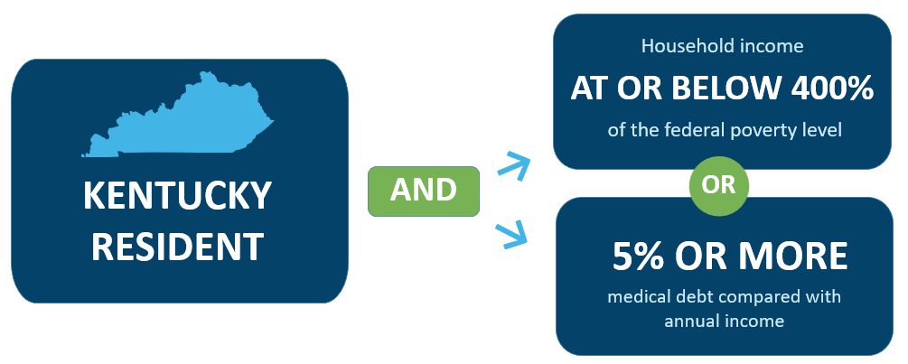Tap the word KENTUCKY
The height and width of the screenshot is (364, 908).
(177, 196)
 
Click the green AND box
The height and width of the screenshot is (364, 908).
(424, 191)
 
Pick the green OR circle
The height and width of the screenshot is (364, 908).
(718, 185)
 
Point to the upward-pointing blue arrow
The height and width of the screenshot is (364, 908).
(513, 164)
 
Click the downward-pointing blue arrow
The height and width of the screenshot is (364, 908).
(513, 236)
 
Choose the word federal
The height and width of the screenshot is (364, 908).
(699, 130)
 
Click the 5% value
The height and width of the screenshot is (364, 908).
(638, 257)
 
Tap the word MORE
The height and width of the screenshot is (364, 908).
(800, 257)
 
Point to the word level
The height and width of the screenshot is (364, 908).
(823, 130)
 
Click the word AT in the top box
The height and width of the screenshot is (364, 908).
(589, 89)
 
